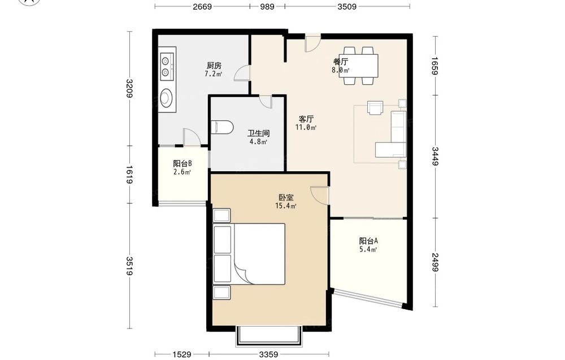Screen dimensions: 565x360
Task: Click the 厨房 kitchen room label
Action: [214, 66]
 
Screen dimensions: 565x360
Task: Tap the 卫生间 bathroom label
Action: [258, 133]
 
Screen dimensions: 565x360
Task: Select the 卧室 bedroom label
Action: [286, 197]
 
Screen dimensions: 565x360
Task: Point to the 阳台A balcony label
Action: [368, 241]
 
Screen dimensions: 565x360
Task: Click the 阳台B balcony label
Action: [182, 163]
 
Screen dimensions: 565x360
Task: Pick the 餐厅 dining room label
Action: [341, 61]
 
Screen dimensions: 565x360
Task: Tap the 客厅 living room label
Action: [306, 119]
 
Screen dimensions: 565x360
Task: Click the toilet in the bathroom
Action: [221, 127]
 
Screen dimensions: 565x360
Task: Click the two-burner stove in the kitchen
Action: [167, 66]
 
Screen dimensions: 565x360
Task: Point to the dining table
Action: [360, 66]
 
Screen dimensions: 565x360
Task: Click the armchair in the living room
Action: [376, 107]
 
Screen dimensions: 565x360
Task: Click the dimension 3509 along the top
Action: [347, 6]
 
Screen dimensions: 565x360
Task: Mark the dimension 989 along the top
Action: [267, 6]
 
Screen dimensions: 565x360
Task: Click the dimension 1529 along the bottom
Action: [181, 354]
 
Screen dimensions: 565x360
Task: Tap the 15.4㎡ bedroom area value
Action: [286, 206]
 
